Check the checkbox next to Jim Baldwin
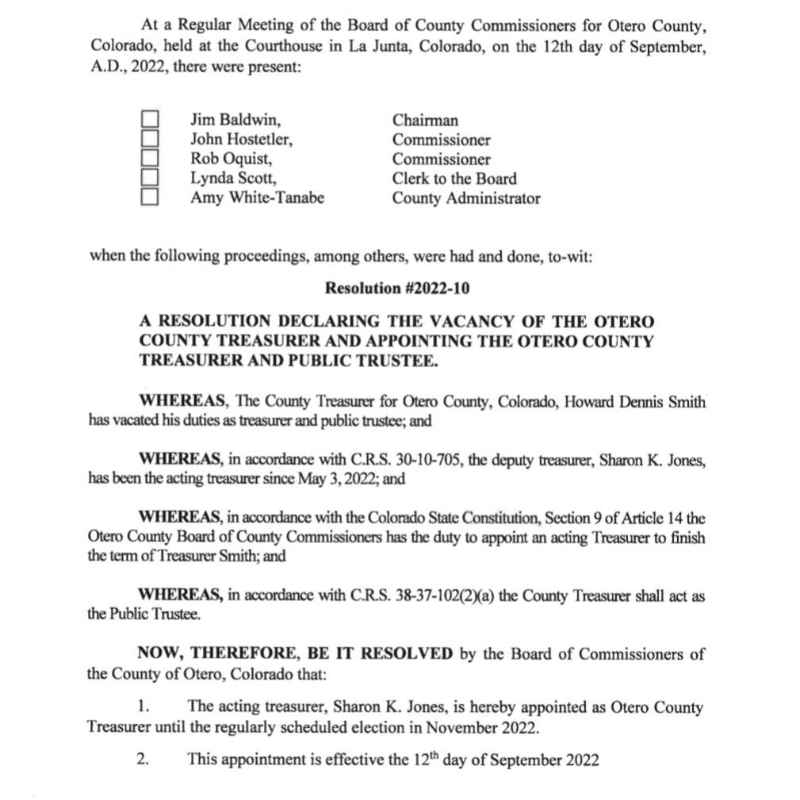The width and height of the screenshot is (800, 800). pos(150,120)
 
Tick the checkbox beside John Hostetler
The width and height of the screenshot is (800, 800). pos(150,139)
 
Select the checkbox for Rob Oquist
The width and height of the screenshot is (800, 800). pos(150,159)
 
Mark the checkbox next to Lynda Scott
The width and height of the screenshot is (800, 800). pos(150,178)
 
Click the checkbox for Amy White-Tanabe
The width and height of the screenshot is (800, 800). pos(150,197)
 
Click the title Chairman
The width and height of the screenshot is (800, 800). pos(425,121)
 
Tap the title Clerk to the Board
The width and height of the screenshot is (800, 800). pos(454,178)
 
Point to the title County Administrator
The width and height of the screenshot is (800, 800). pos(466,198)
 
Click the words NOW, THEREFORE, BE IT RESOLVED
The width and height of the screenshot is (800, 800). pos(296,654)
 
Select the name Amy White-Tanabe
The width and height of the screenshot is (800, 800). pos(257,198)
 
